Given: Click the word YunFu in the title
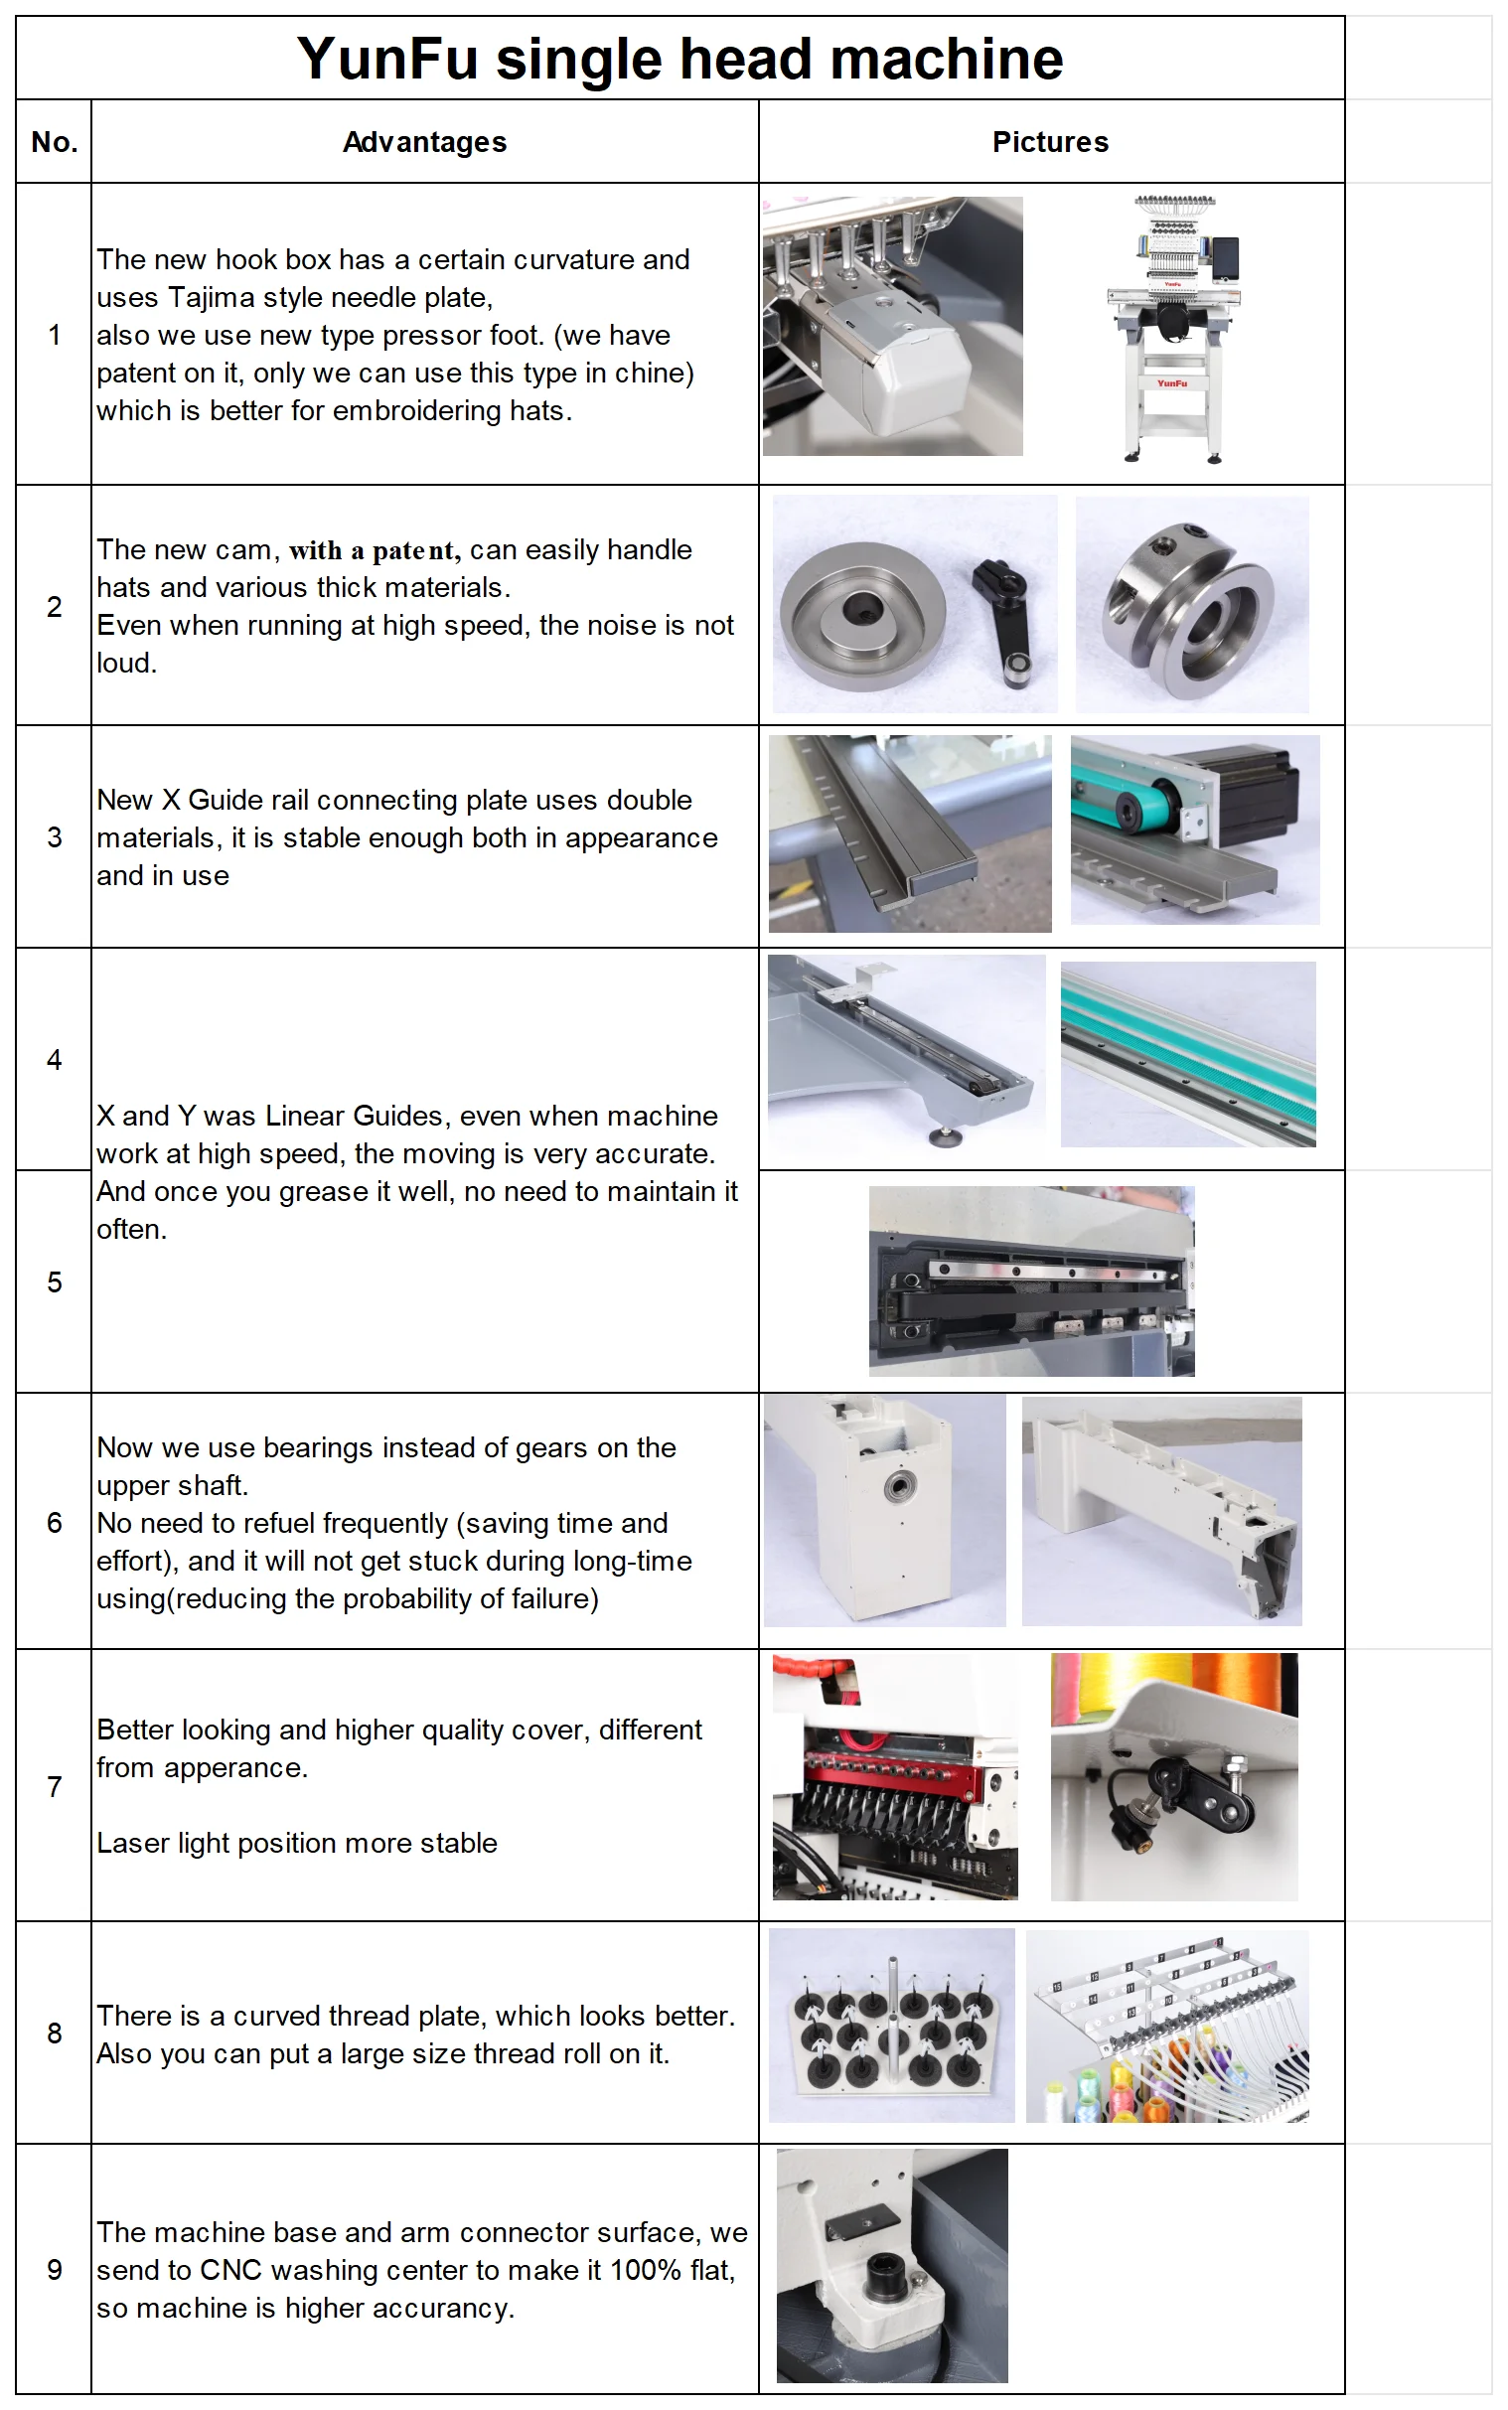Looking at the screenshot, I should coord(388,59).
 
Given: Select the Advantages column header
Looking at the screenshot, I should coord(424,143).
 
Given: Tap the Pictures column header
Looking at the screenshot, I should coord(1049,143).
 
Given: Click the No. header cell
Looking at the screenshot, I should coord(54,143).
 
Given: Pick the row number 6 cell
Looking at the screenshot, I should coord(54,1523).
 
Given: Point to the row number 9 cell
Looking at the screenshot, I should coord(54,2269).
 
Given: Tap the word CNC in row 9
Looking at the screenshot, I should coord(230,2270).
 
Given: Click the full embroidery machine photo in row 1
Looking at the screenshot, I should coord(1173,329).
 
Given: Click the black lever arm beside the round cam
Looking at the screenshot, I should coord(1005,618).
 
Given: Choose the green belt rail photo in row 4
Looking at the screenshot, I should coord(1187,1053).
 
